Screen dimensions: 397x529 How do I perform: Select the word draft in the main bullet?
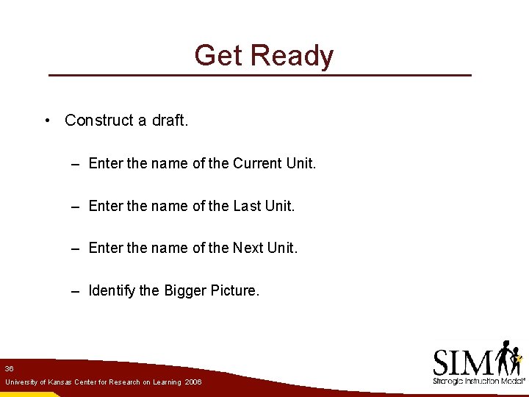click(170, 121)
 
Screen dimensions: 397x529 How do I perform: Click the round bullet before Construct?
click(46, 121)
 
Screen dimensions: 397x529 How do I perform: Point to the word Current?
click(257, 163)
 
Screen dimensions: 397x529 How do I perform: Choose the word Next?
click(248, 248)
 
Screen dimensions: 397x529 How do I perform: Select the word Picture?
click(234, 291)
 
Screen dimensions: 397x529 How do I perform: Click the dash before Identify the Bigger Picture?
click(76, 291)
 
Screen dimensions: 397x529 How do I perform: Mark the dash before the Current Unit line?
click(76, 163)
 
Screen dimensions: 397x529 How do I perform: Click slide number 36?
click(8, 368)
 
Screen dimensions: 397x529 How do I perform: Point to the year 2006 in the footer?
click(193, 382)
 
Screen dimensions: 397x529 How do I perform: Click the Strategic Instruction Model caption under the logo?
click(478, 382)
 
